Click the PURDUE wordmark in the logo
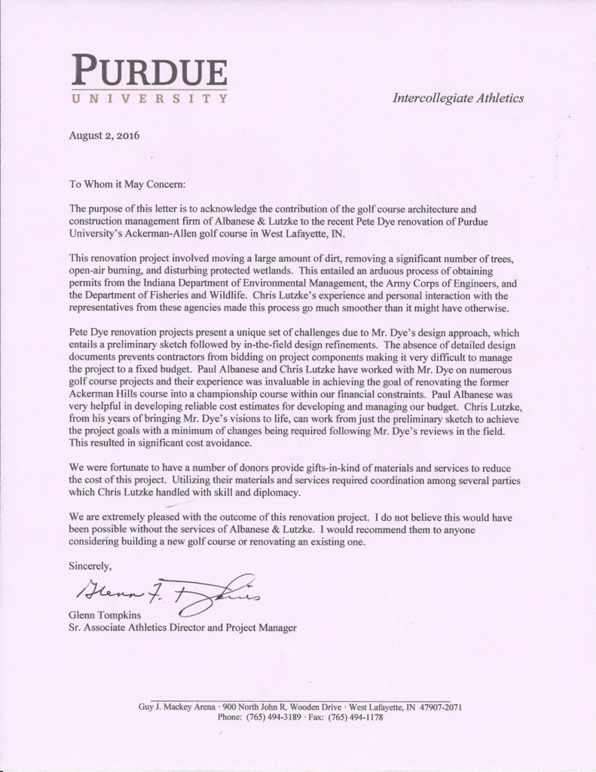(150, 72)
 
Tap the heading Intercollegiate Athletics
(458, 98)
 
